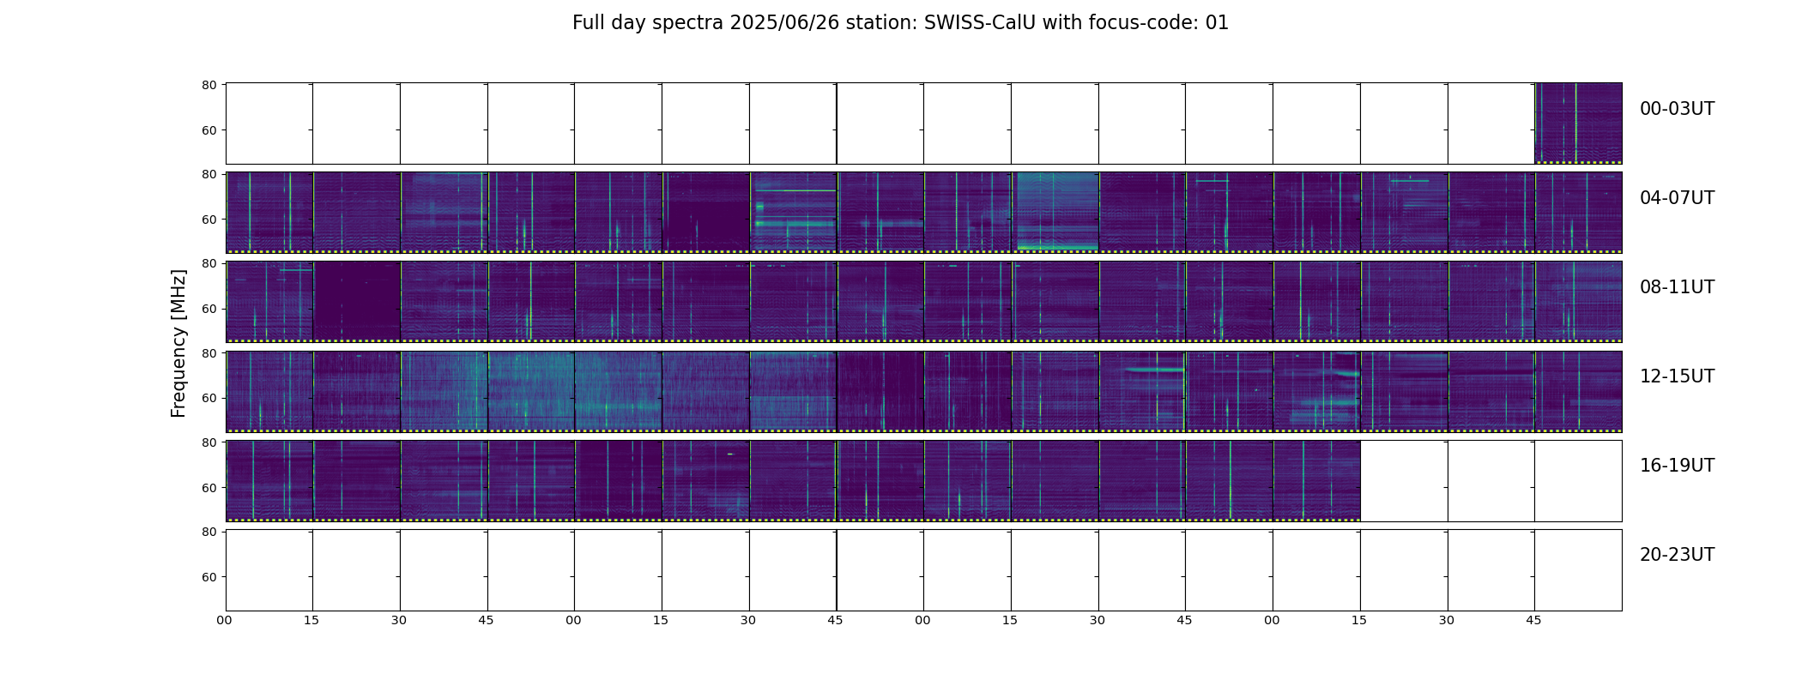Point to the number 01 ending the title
click(x=1217, y=23)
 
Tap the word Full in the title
click(x=588, y=23)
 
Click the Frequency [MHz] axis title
click(x=178, y=343)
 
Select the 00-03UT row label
click(x=1677, y=109)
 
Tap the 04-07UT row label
click(x=1677, y=198)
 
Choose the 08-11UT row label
click(x=1677, y=287)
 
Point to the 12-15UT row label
click(x=1677, y=376)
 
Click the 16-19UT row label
click(x=1677, y=466)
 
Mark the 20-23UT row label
click(x=1677, y=555)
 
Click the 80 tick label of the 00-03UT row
click(x=209, y=85)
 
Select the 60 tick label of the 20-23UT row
click(x=209, y=577)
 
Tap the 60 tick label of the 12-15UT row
click(x=209, y=399)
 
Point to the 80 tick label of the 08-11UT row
click(x=209, y=263)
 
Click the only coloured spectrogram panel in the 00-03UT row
click(x=1578, y=123)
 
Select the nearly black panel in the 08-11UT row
click(x=357, y=302)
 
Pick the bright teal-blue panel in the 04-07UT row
click(x=1055, y=213)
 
